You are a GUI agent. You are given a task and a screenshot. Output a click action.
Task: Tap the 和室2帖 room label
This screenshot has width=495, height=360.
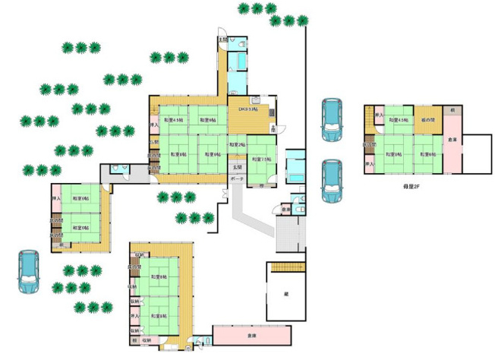point(236,144)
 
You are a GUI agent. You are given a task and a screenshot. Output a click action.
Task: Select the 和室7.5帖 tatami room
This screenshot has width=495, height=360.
point(261,160)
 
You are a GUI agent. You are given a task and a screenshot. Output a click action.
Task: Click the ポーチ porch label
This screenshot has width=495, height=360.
point(236,178)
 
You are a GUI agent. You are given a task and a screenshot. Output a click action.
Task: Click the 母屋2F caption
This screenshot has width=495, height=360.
point(413,185)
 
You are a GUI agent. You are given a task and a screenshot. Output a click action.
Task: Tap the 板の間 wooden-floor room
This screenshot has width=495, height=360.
point(429,120)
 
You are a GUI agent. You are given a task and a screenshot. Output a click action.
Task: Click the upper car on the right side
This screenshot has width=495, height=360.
point(331,119)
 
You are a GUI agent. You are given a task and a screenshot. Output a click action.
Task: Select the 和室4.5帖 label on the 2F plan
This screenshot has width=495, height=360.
point(398,120)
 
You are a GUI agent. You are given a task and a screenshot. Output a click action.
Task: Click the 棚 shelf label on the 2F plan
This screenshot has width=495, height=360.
point(452,111)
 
